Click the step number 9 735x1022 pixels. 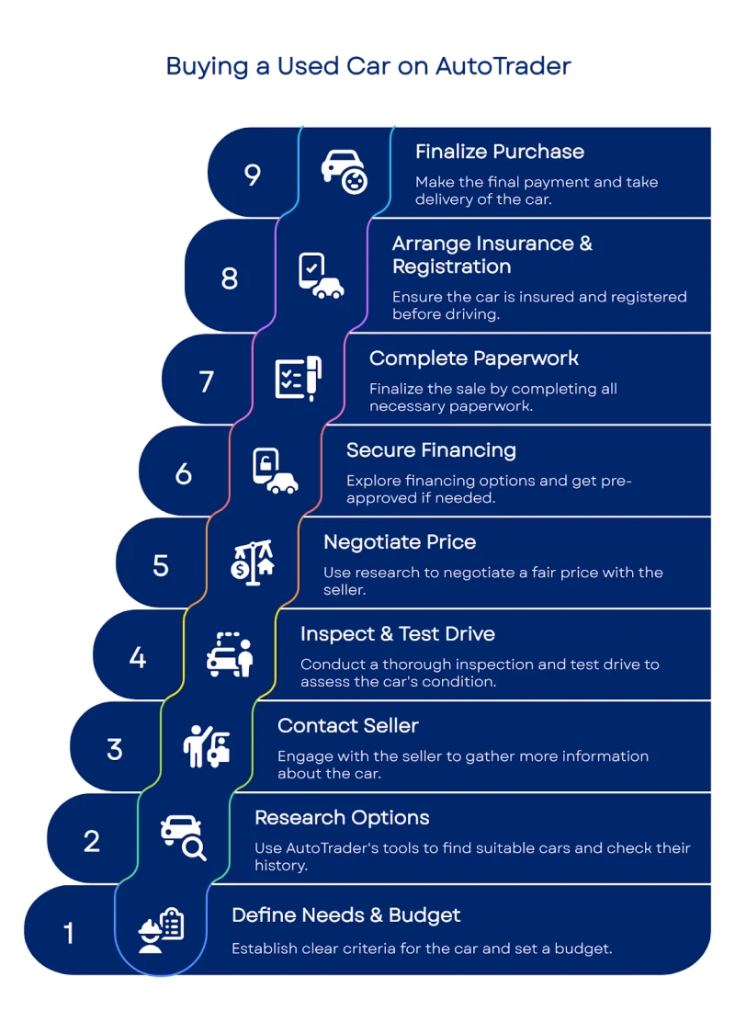[253, 175]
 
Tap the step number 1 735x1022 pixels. [69, 934]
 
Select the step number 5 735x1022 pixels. [161, 565]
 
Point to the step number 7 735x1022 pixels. [207, 381]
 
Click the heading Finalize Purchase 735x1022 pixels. [499, 152]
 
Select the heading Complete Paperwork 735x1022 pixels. [473, 358]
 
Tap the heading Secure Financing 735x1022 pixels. [431, 450]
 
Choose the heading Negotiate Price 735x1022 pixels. [399, 542]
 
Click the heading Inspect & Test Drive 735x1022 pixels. [397, 634]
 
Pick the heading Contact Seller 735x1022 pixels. [347, 726]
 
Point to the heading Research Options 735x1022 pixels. [342, 818]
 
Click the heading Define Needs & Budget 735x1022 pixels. [345, 915]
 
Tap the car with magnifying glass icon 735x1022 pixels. [184, 837]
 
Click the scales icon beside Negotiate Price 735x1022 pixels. [253, 562]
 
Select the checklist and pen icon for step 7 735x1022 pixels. [299, 377]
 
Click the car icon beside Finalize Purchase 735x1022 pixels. [345, 172]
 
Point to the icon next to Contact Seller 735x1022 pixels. [207, 745]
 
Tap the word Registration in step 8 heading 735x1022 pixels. [451, 267]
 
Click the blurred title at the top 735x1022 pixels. [367, 67]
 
